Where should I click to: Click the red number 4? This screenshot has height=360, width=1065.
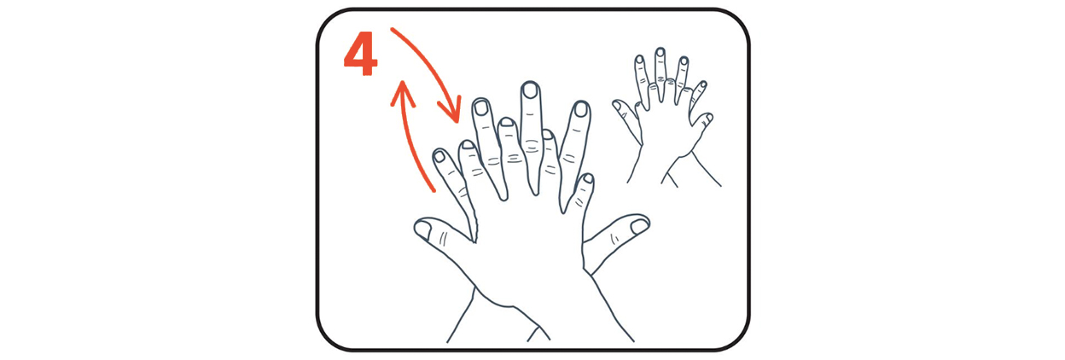pos(360,54)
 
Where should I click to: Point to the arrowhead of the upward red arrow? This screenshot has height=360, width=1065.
pos(403,91)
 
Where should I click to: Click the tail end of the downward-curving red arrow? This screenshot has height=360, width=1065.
pos(392,30)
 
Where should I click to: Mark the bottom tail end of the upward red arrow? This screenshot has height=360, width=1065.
pos(434,191)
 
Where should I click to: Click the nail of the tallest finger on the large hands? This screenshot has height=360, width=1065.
pos(530,90)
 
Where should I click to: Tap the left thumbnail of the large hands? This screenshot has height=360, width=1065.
pos(422,229)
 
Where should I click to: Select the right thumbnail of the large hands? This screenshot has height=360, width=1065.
pos(639,226)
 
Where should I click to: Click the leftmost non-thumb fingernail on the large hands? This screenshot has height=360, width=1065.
pos(439,156)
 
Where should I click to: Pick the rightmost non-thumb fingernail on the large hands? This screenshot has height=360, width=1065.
pos(589,178)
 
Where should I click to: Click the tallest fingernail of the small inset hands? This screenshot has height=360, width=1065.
pos(660,52)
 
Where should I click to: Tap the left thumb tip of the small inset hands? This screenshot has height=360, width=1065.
pos(617,105)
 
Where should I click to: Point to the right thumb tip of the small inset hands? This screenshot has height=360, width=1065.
pos(709,117)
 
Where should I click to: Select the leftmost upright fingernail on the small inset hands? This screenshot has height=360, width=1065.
pos(639,60)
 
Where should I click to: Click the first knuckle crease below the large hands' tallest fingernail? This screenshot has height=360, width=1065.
pos(530,114)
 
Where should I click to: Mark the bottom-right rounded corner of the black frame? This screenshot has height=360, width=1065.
pos(738,340)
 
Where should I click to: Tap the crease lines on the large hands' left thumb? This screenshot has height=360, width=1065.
pos(443,238)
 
